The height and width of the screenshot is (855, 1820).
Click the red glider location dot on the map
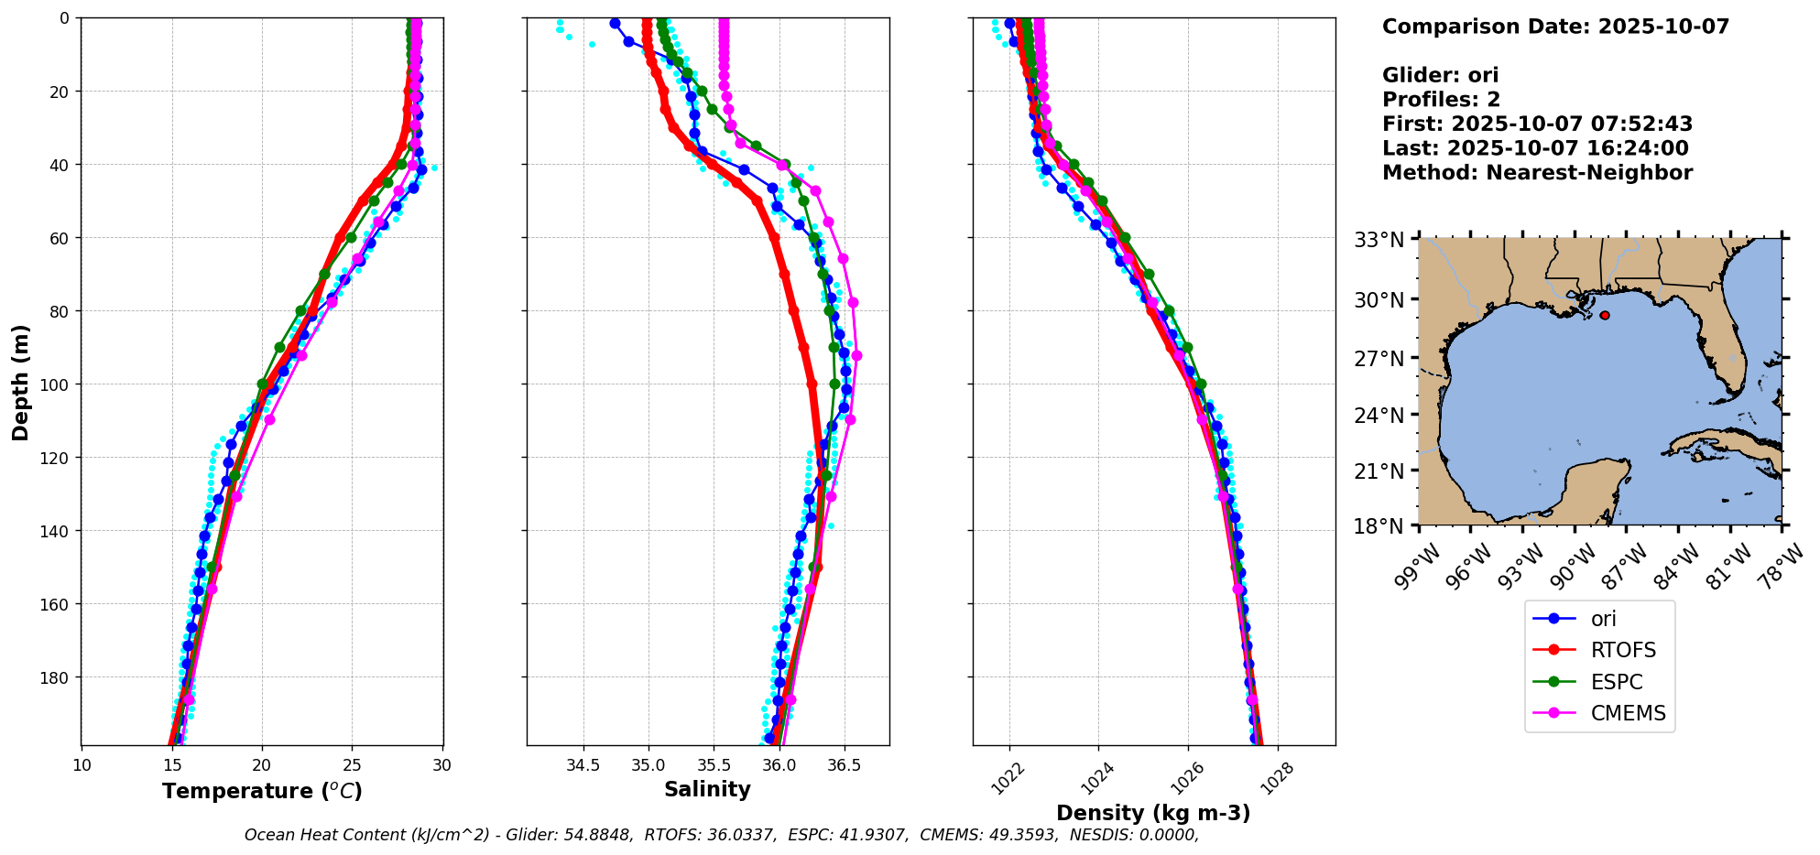[1605, 315]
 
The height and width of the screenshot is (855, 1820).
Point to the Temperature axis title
[262, 791]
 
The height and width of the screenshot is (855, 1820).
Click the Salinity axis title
[707, 790]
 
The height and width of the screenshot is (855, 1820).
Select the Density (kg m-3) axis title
[1153, 813]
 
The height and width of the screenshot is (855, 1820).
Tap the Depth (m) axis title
[20, 382]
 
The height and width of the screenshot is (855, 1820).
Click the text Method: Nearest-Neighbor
[1537, 173]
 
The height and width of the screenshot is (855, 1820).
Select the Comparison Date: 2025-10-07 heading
[1555, 27]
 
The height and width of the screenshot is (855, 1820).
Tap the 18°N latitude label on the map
[1379, 527]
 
